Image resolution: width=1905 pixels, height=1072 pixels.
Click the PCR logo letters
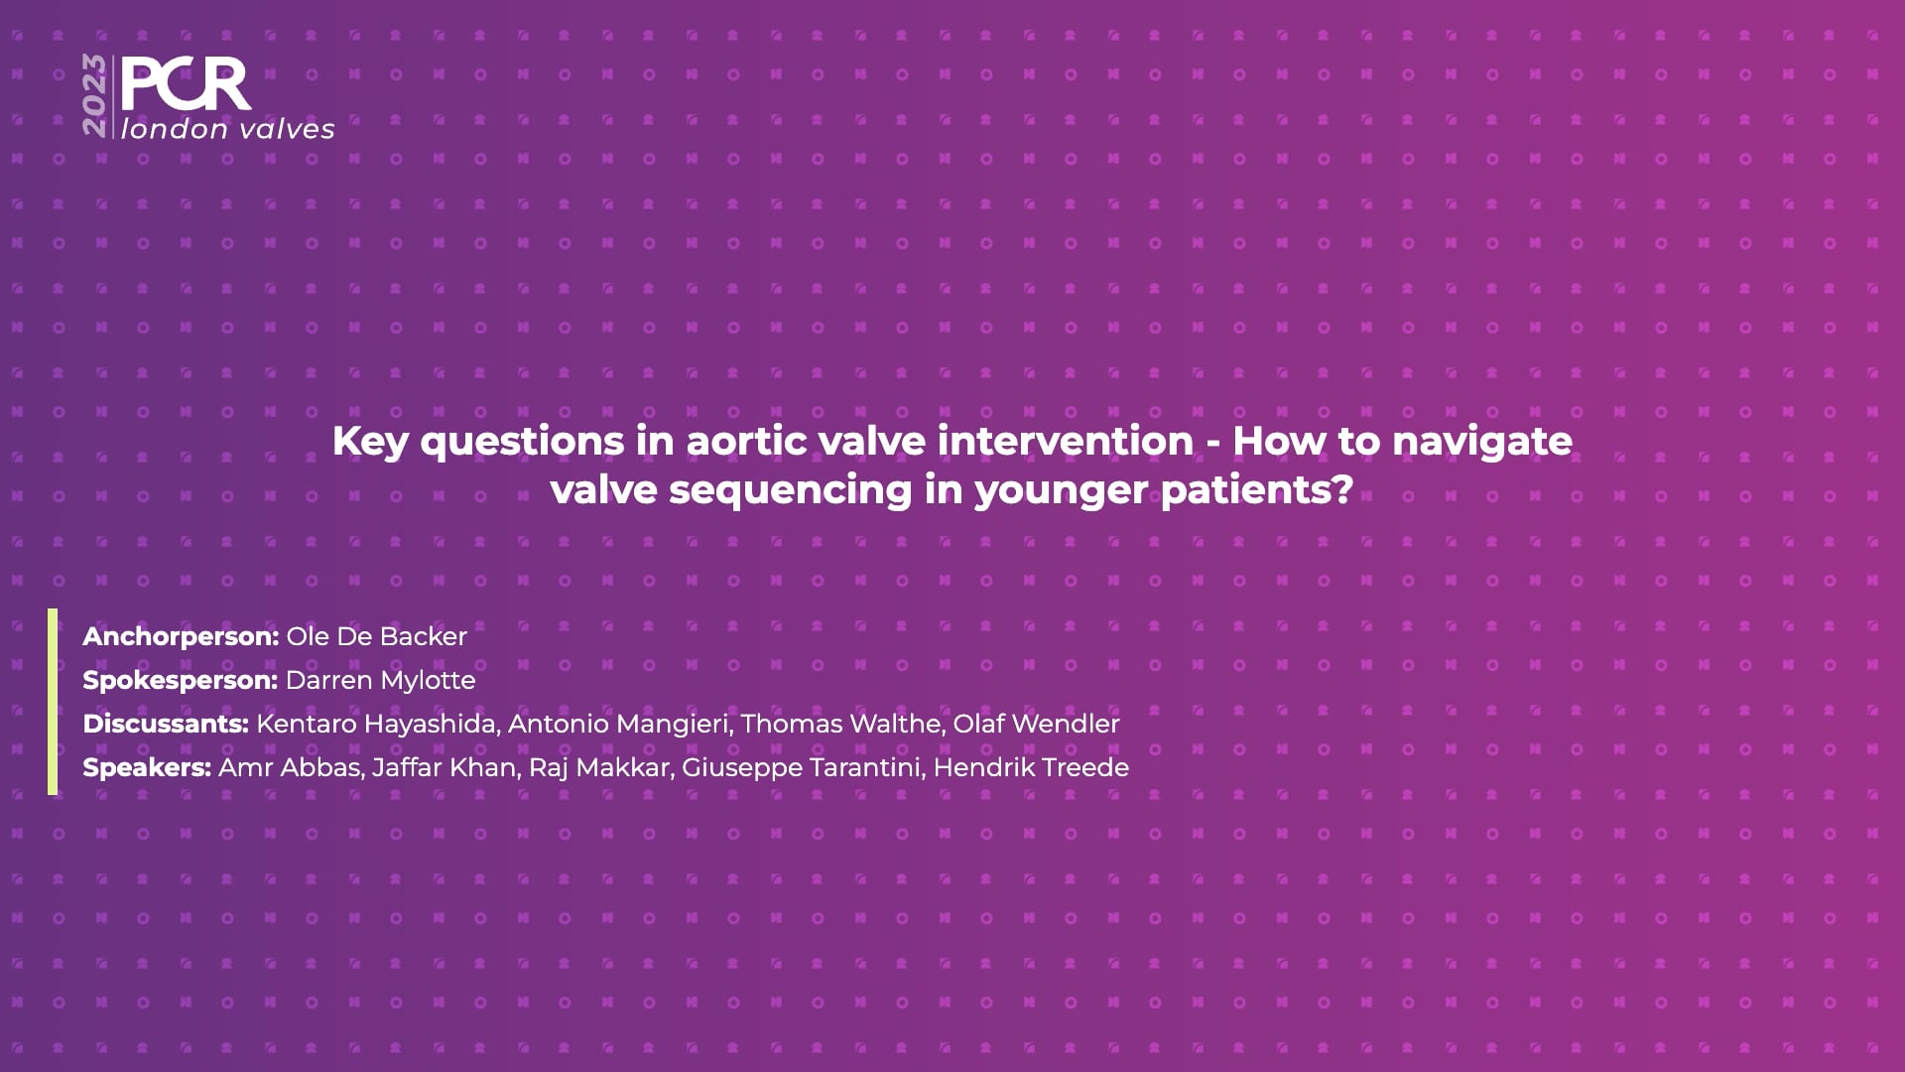186,84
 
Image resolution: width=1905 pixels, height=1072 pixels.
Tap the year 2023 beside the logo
95,96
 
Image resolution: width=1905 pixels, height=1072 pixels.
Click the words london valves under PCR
228,129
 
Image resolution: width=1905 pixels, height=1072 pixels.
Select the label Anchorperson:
181,637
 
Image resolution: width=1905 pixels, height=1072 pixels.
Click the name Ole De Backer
377,637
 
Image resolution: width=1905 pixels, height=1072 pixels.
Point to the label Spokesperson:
180,681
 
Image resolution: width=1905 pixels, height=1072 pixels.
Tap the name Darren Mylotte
380,681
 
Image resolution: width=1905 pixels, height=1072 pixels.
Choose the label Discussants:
166,724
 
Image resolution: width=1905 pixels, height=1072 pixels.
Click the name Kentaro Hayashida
376,725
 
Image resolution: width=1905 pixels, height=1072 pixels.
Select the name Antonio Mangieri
618,725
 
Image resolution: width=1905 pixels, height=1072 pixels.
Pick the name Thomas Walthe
840,725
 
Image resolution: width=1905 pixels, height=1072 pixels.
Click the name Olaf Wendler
1037,724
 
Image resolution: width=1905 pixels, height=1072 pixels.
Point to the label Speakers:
147,768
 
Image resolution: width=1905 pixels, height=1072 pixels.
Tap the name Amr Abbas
289,768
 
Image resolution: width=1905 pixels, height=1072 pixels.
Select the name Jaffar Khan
444,768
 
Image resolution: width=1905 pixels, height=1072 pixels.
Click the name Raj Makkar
598,768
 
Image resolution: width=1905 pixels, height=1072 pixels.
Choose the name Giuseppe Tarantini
801,768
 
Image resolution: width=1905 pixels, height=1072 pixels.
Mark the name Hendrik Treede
1032,767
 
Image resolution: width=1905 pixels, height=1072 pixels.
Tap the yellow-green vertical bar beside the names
53,702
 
